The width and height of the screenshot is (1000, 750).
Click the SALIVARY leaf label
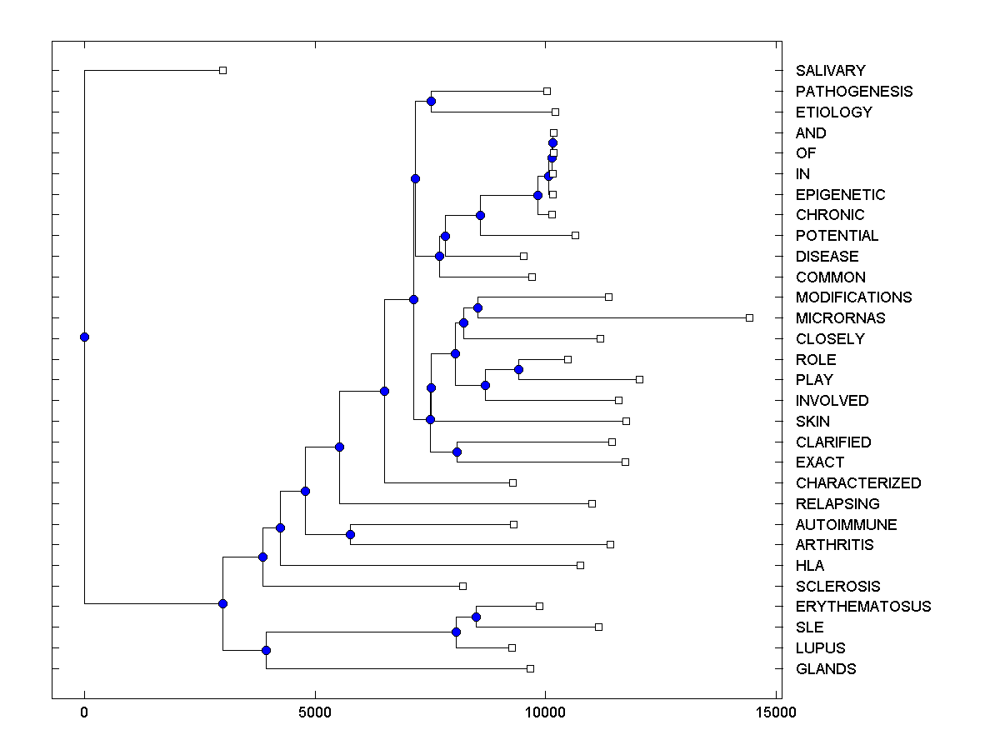point(830,71)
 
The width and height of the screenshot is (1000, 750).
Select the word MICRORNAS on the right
point(840,318)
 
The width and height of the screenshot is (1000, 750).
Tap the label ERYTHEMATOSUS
point(863,607)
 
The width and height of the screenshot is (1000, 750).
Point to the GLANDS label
point(825,669)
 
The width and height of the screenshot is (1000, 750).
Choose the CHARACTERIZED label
point(858,483)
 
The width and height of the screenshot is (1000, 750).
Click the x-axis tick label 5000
point(315,712)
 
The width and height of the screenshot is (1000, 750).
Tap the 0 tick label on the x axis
point(84,712)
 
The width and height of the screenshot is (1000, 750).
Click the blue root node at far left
point(84,337)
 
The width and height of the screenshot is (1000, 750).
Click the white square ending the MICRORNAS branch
point(749,317)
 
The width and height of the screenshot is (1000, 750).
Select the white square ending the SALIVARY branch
point(222,70)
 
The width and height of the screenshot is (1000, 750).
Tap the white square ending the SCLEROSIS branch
point(463,586)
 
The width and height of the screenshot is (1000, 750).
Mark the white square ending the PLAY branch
point(639,379)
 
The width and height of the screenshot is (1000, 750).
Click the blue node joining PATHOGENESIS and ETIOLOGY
point(431,102)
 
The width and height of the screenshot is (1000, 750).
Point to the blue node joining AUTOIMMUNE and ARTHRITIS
point(351,534)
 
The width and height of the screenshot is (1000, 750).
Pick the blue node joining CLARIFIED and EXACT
point(457,452)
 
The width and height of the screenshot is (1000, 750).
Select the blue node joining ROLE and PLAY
point(518,369)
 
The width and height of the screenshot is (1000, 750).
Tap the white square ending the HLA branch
point(580,565)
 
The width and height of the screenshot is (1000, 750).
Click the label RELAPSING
point(837,504)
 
